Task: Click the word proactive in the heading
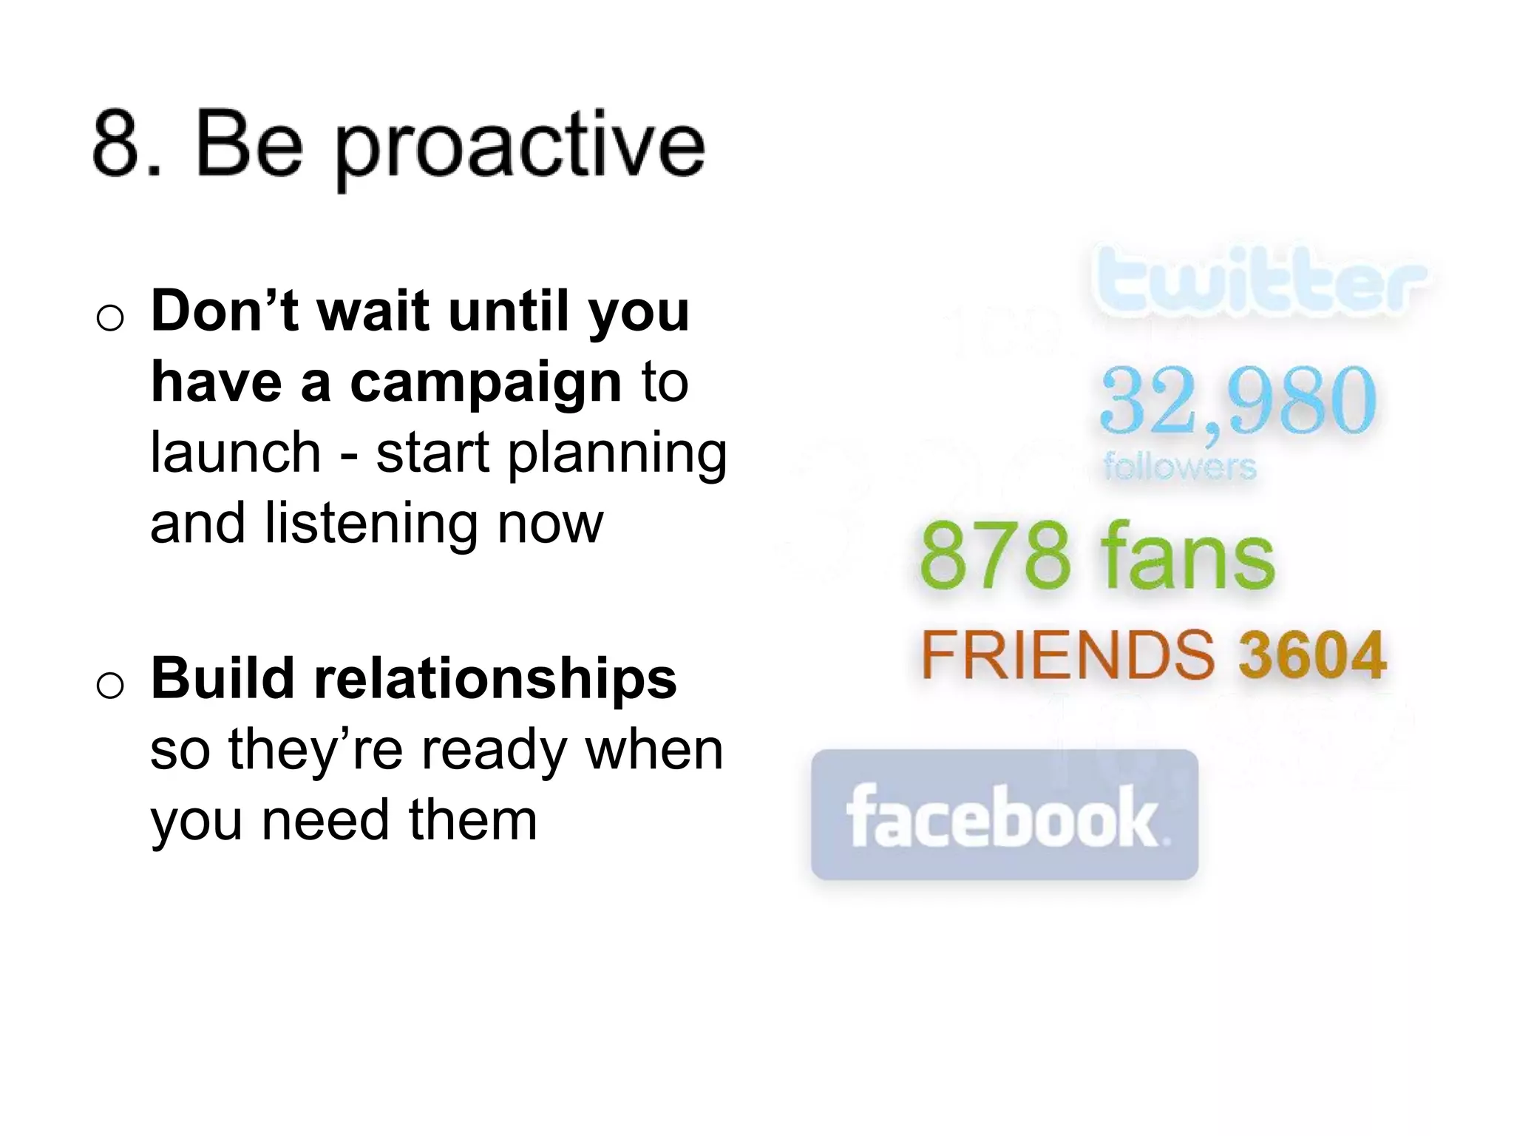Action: [520, 148]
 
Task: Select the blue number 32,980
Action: [1238, 401]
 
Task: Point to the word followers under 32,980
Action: [1179, 467]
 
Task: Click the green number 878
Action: [995, 556]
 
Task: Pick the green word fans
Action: [1188, 556]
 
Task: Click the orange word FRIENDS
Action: [1067, 655]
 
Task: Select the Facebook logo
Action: [1004, 815]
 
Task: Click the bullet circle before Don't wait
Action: [110, 319]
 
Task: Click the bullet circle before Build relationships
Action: [110, 686]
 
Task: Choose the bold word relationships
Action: [495, 678]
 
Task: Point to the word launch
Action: [235, 453]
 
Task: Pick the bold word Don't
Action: [225, 311]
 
